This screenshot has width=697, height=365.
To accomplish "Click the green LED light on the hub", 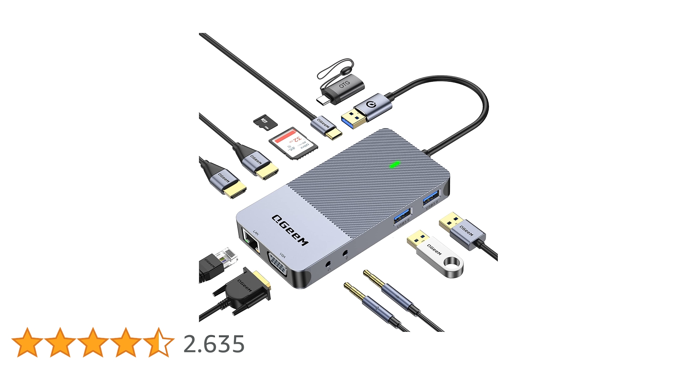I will [x=395, y=164].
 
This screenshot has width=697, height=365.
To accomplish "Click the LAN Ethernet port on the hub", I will [x=251, y=242].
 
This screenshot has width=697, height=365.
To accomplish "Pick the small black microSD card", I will [x=265, y=122].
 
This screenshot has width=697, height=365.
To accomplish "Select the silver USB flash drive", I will [x=436, y=254].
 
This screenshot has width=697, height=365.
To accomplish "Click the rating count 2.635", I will [x=214, y=344].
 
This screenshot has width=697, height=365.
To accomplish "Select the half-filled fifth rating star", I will [x=158, y=342].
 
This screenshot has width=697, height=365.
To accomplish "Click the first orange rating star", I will [x=27, y=342].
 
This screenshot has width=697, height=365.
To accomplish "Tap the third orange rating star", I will [x=93, y=342].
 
